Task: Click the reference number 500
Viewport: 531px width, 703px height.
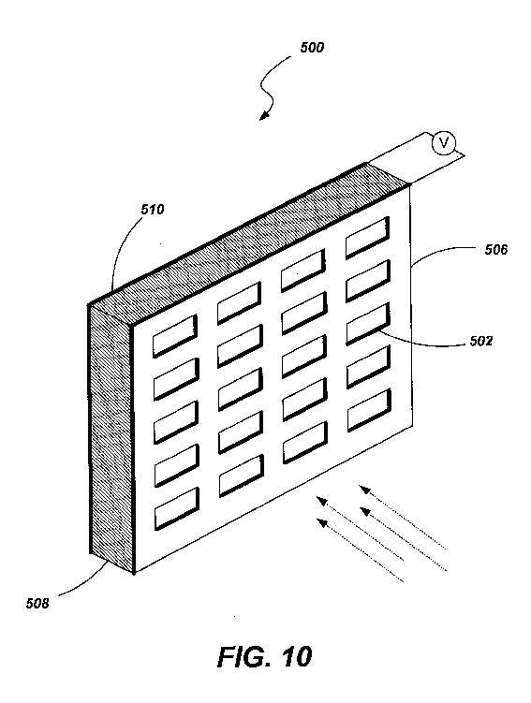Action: tap(312, 47)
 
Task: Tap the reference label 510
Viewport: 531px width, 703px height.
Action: tap(153, 209)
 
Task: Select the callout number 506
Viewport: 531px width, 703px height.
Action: tap(496, 249)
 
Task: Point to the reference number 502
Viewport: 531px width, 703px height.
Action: tap(481, 341)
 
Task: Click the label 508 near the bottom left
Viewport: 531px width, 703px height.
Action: tap(37, 603)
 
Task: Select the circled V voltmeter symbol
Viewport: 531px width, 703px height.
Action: tap(444, 143)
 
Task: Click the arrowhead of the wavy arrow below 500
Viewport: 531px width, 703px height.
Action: tap(265, 116)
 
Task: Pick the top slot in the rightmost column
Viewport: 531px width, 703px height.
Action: tap(367, 238)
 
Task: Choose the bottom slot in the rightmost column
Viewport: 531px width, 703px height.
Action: tap(369, 410)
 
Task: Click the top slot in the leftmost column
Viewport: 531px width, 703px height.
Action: tap(175, 336)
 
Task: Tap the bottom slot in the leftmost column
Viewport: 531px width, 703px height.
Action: tap(177, 509)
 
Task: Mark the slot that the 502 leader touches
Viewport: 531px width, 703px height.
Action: tap(368, 324)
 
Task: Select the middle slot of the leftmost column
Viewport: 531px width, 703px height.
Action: tap(176, 422)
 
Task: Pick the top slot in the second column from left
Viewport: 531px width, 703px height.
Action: tap(239, 303)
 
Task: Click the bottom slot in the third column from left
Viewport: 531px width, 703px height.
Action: tap(305, 443)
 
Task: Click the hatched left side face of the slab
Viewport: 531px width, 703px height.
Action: tap(111, 437)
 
